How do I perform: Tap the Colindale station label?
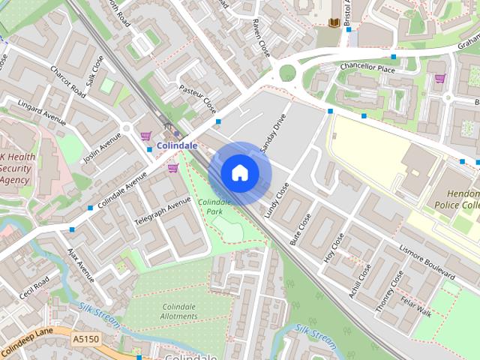[177, 145]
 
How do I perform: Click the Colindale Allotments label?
[179, 311]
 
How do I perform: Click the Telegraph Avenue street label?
[163, 213]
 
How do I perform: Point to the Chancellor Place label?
[367, 68]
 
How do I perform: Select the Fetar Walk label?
[415, 307]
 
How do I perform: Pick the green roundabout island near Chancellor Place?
[287, 73]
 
